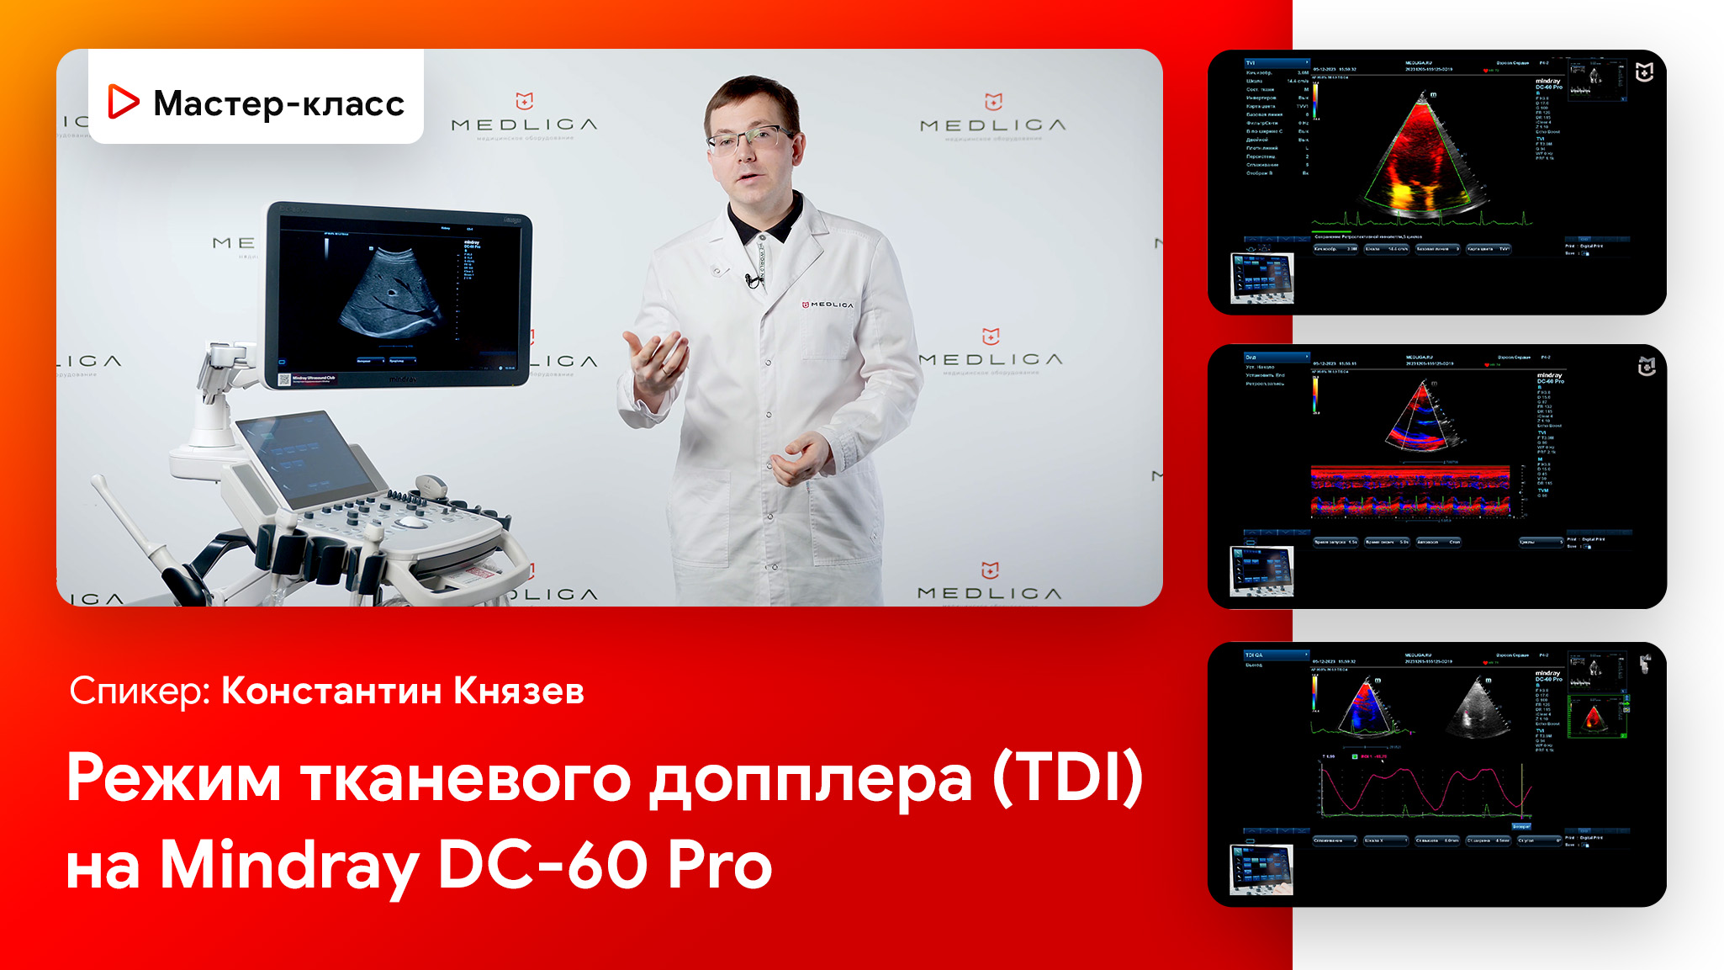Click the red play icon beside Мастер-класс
pos(123,102)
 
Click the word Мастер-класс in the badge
pos(278,103)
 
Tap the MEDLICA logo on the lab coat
pos(828,305)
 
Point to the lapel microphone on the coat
pos(751,280)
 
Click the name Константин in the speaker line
pos(331,691)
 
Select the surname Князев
pos(519,691)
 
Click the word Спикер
pos(139,691)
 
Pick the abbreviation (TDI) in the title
pos(1067,777)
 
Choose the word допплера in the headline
pos(811,779)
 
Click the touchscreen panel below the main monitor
pos(308,458)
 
